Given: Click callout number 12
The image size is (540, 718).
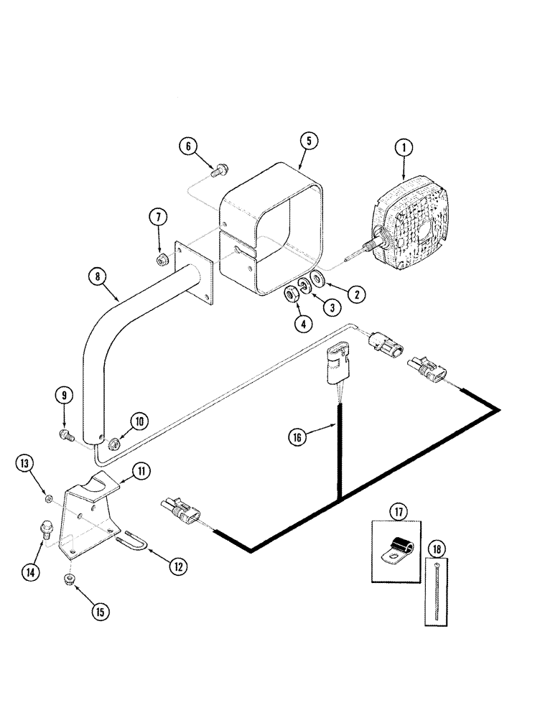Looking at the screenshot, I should point(179,567).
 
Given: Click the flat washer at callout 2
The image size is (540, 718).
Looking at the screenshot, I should point(317,279).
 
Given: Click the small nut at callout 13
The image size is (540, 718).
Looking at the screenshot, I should point(48,498).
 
